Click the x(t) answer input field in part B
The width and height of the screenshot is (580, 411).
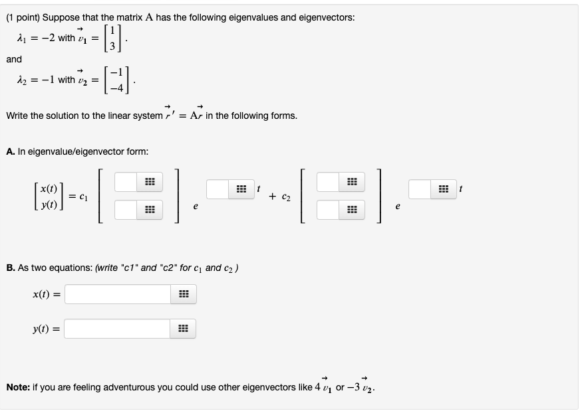tap(118, 294)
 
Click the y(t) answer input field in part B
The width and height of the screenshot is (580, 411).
tap(118, 329)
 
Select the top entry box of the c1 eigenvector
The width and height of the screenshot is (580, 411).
tap(126, 181)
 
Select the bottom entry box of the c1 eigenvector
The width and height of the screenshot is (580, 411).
tap(126, 210)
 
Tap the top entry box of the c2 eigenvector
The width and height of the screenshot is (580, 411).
tap(328, 181)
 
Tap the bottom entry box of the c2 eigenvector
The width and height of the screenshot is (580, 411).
tap(328, 210)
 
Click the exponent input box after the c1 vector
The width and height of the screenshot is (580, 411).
tap(217, 189)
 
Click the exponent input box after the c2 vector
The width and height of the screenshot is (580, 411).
tap(420, 189)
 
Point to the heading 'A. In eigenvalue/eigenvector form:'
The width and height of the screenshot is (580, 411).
tap(76, 151)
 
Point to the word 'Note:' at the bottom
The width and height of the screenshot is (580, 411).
tap(18, 386)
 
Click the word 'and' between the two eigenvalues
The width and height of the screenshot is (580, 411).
tap(14, 59)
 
